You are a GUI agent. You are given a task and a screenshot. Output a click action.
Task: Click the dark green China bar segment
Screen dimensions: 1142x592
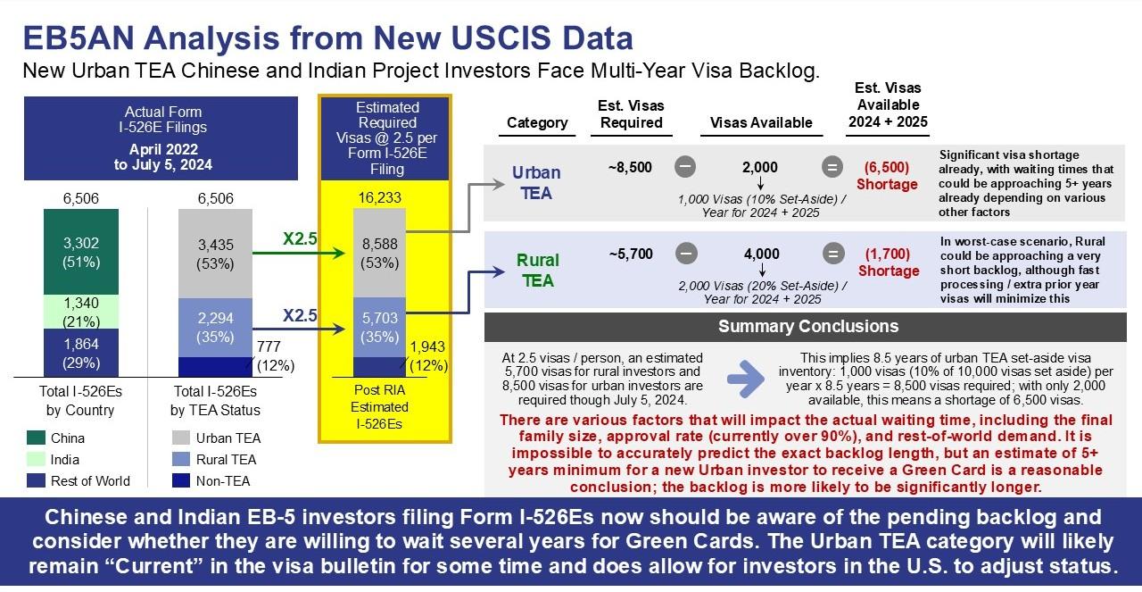point(81,252)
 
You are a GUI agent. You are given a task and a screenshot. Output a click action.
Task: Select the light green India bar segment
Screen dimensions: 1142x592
point(81,312)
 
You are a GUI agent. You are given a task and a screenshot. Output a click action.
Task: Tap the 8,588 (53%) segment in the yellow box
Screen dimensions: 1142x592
point(379,253)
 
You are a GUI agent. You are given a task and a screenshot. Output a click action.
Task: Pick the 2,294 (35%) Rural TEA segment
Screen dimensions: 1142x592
point(215,328)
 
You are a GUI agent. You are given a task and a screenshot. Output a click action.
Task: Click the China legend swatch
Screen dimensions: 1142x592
point(36,438)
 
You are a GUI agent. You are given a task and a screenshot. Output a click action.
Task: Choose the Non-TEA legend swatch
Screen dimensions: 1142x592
point(181,480)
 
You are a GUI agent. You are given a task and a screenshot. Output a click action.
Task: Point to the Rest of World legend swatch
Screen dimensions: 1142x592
point(36,480)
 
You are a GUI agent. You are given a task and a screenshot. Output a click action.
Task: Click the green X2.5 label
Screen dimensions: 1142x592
point(300,238)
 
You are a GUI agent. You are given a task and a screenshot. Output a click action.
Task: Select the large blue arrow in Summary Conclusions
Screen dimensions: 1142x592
point(745,379)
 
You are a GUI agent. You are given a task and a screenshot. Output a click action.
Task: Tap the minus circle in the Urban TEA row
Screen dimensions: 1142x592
point(685,167)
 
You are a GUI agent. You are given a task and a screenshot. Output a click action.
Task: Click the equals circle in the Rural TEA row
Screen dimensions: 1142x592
point(833,254)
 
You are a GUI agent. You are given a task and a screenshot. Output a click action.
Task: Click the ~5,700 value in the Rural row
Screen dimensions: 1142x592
point(631,254)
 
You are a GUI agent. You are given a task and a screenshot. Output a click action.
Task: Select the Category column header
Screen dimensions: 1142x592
point(537,122)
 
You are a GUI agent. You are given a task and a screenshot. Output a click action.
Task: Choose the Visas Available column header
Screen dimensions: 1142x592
point(761,122)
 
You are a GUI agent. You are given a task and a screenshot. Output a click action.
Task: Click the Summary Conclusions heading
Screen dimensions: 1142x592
point(808,326)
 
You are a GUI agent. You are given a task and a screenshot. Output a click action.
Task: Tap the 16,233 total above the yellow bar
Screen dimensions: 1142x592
point(379,197)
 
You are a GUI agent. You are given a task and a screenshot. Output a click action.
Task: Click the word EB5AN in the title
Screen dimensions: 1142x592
point(79,38)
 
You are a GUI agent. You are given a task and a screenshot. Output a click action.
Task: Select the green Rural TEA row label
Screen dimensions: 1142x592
point(538,271)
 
